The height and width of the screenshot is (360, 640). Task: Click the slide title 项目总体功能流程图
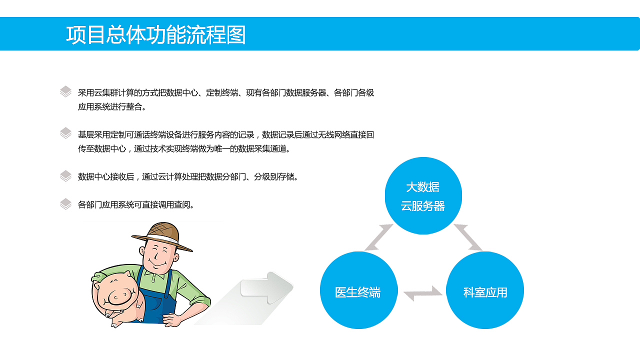click(x=155, y=35)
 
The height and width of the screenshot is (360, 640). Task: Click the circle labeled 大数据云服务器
click(x=423, y=195)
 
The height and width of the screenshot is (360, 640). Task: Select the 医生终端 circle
click(x=358, y=290)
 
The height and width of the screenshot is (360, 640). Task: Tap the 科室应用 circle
click(x=485, y=290)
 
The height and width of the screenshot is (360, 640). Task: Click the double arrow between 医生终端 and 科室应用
click(x=422, y=293)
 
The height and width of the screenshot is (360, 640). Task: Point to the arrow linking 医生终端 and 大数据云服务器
click(x=379, y=237)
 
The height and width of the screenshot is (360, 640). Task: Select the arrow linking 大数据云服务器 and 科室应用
click(x=468, y=237)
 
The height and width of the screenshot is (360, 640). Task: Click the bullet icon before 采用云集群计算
click(x=66, y=91)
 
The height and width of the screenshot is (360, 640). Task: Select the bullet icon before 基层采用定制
click(x=66, y=133)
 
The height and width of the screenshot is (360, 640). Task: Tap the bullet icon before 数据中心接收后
click(x=66, y=176)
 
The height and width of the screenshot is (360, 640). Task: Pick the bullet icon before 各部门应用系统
click(x=66, y=204)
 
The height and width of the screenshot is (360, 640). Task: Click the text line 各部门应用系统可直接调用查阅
click(x=136, y=204)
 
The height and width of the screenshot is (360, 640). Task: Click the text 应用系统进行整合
click(x=112, y=106)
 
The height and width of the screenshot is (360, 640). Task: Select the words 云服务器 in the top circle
click(x=423, y=206)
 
